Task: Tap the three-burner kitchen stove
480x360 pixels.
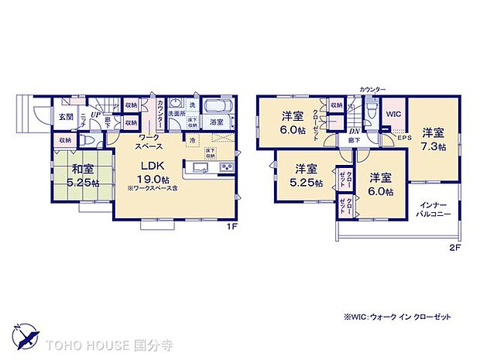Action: click(x=228, y=168)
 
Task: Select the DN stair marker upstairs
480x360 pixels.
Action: click(x=354, y=132)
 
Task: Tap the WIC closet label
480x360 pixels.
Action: click(x=393, y=113)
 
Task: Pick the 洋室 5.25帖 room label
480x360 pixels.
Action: click(x=304, y=173)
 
